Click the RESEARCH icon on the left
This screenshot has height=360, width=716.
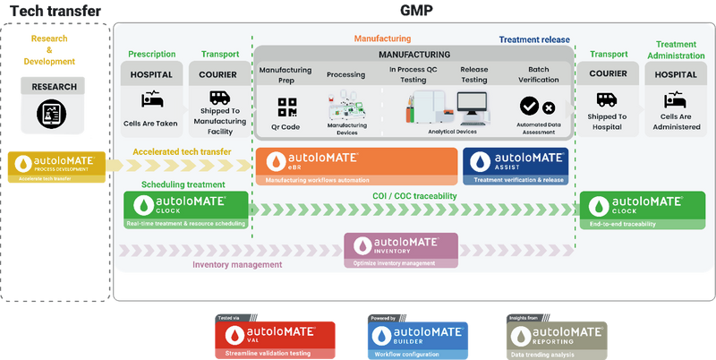tap(47, 113)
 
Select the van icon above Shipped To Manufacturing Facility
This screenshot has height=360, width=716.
tap(220, 99)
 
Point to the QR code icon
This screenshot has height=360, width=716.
tap(287, 107)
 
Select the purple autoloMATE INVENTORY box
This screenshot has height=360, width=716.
tap(401, 250)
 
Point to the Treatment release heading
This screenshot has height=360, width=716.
tap(534, 39)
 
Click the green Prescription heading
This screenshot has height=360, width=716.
tap(151, 54)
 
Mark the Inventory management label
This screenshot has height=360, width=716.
tap(237, 265)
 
